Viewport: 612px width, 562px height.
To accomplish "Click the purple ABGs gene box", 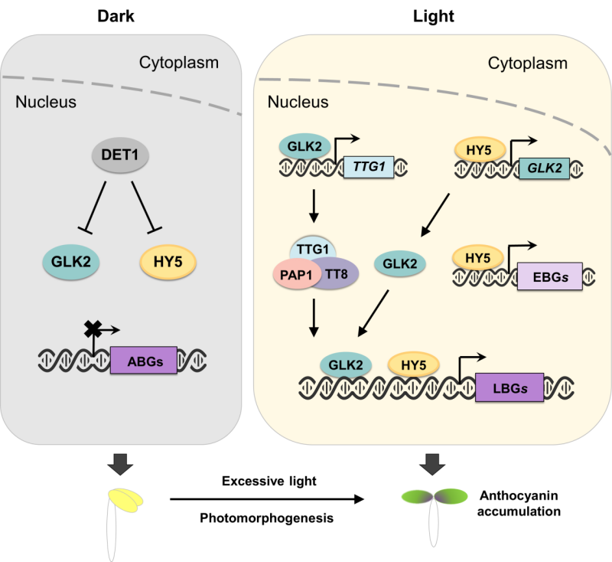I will [x=144, y=359].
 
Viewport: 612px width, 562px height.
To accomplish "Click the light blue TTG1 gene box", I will [x=369, y=164].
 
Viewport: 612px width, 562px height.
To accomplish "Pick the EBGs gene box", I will [x=549, y=276].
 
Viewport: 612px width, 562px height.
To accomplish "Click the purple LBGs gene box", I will [x=509, y=387].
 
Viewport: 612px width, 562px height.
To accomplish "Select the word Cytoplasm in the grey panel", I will [x=178, y=62].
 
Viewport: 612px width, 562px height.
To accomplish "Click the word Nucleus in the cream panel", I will [x=298, y=102].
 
